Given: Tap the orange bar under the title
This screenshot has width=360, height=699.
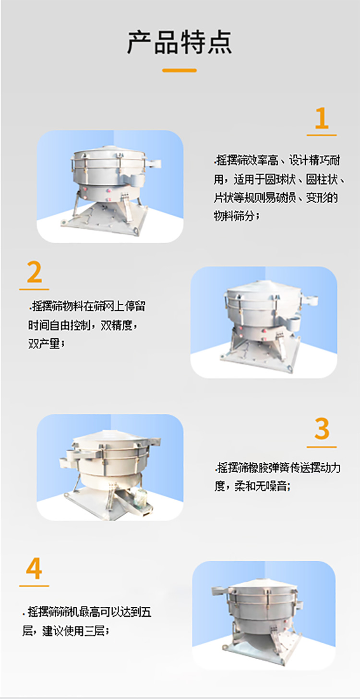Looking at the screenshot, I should [x=180, y=70].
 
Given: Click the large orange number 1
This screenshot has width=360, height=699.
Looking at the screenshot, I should [x=321, y=119].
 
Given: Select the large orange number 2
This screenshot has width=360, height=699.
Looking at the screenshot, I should [x=34, y=273].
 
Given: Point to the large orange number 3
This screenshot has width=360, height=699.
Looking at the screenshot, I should [x=322, y=429].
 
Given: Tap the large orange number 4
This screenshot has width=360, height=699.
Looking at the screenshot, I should [x=34, y=569].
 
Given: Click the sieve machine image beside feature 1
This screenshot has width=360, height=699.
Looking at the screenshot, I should [x=110, y=186].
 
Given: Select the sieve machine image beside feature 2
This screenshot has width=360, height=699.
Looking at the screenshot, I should [x=264, y=322].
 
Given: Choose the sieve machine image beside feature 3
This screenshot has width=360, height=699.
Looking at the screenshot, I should [x=110, y=467].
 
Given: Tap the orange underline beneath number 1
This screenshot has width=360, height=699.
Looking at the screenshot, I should [x=321, y=135].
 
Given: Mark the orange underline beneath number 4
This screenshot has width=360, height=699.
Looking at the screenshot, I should [x=34, y=586].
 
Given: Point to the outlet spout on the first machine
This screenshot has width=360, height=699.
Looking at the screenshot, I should [x=154, y=163].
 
